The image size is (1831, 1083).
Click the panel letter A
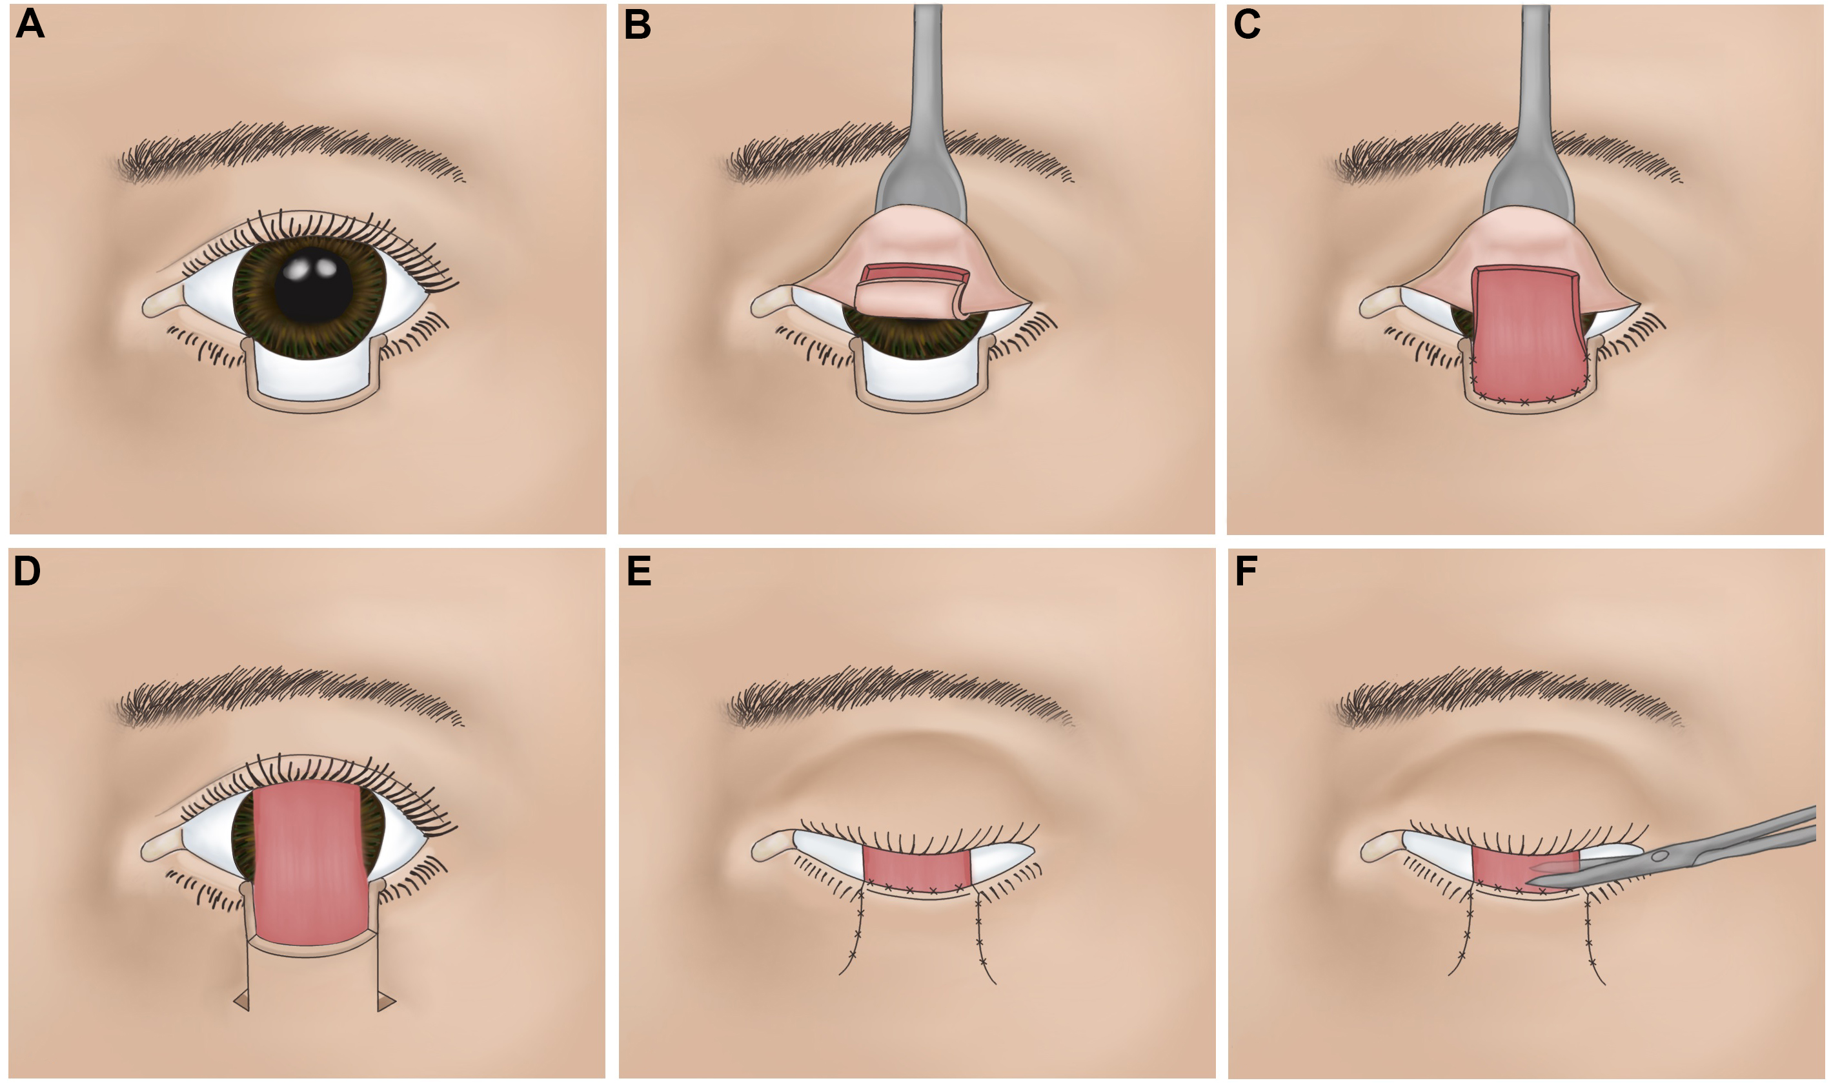coord(30,24)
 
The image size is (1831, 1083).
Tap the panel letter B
coord(637,24)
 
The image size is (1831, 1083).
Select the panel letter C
coord(1246,24)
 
